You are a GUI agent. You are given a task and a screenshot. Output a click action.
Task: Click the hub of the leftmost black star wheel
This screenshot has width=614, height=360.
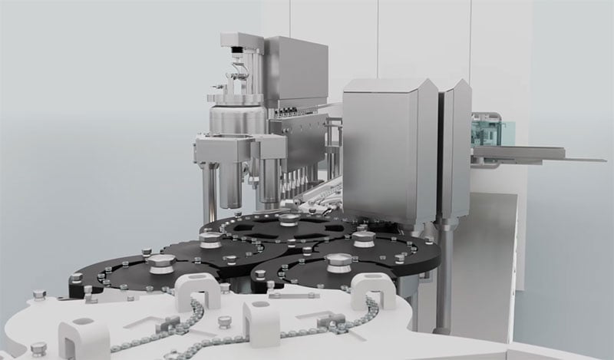click(x=160, y=266)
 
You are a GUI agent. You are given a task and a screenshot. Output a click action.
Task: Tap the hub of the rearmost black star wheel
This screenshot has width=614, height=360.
click(x=288, y=221)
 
